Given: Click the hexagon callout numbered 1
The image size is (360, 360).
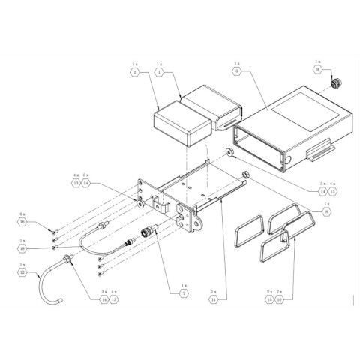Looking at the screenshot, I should point(160,73).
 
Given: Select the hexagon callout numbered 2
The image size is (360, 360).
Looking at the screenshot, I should point(135,73).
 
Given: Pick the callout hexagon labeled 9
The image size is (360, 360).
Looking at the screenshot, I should point(317,70).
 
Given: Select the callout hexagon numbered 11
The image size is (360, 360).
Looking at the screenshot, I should point(213,298).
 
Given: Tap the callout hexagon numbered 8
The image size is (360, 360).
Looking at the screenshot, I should point(325,211).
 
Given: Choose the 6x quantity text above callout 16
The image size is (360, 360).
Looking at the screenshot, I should point(22,214).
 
